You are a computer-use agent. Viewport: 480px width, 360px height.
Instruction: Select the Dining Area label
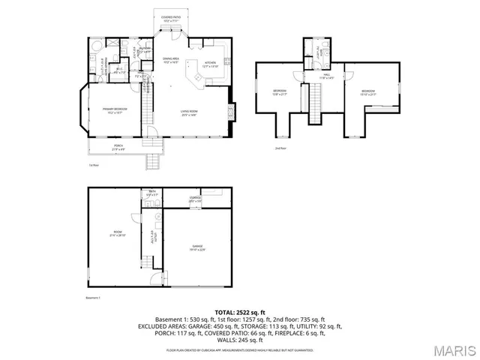click(171, 60)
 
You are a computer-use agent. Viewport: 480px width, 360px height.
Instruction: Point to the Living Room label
click(188, 113)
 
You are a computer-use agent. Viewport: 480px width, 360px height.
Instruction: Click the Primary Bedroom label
click(115, 110)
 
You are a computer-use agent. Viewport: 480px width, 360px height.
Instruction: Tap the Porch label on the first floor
click(118, 147)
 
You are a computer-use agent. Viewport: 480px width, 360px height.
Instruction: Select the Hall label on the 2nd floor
click(326, 75)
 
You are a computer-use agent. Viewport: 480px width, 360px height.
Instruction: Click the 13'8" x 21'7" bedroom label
click(280, 92)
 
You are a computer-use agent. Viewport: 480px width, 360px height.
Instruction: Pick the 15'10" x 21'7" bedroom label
click(367, 92)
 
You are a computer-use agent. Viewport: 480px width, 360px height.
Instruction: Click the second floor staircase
click(315, 101)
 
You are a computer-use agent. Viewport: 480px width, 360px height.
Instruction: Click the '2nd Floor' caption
click(280, 148)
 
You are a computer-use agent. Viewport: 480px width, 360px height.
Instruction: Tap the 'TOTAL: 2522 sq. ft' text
click(240, 312)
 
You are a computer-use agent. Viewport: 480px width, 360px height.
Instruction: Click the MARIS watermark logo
click(454, 350)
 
